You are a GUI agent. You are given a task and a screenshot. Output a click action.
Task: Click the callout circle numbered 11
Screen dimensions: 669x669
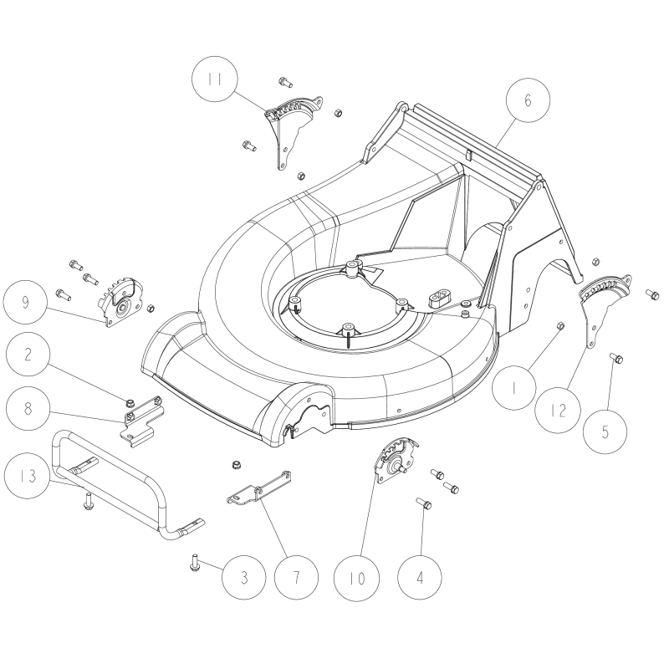[216, 80]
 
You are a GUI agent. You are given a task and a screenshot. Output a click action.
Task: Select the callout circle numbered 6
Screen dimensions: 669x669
[527, 100]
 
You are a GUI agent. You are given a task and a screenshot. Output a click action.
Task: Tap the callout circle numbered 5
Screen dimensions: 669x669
[616, 432]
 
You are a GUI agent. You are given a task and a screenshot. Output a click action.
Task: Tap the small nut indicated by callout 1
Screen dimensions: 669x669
[560, 325]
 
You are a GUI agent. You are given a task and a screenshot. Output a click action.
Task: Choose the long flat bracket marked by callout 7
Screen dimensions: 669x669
[259, 488]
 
